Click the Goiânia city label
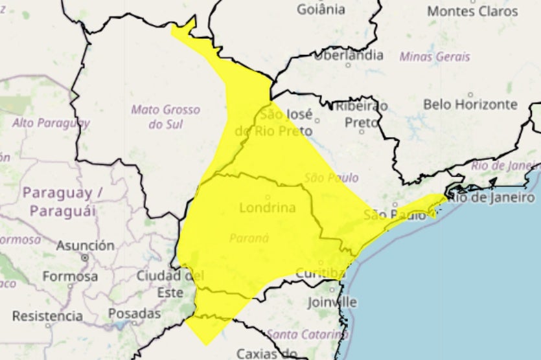coord(321,9)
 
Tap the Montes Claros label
coord(473,11)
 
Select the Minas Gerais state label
coord(435,56)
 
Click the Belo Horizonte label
coord(470,104)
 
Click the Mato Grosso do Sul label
coord(156,117)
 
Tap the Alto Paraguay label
coord(51,122)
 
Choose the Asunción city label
coord(85,246)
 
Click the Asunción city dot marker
coord(85,258)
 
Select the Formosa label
coord(70,276)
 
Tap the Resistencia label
coord(47,316)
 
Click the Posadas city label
coord(134,313)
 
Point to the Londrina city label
coord(268,208)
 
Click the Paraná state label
coord(249,238)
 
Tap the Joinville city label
coord(332,302)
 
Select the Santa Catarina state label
coord(307,334)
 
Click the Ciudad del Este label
coord(170,284)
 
